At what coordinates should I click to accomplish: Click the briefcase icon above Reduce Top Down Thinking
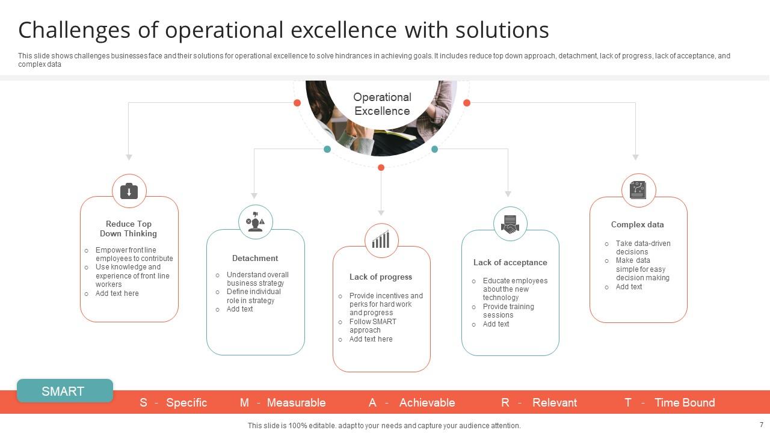tap(129, 191)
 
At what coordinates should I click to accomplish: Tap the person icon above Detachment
tap(256, 222)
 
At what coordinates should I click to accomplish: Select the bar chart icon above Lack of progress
tap(381, 240)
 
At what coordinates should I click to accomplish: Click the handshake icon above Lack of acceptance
tap(510, 224)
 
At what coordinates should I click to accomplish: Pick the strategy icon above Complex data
tap(638, 190)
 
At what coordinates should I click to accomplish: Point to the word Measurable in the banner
tap(296, 403)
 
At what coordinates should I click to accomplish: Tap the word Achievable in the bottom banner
tap(427, 403)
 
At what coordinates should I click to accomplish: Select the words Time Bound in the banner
tap(685, 403)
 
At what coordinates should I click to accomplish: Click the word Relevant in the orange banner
tap(555, 403)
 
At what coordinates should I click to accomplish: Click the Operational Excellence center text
tap(382, 104)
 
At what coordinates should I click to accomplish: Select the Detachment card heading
tap(255, 258)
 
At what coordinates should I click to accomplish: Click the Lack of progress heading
tap(381, 277)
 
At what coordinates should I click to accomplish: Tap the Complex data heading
tap(637, 224)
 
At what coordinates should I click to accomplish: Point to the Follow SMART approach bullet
tap(372, 325)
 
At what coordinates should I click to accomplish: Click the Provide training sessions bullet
tap(508, 310)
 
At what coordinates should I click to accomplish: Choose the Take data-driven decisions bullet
tap(642, 247)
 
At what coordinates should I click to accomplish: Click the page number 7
tap(761, 425)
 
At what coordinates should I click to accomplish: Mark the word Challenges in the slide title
tap(82, 29)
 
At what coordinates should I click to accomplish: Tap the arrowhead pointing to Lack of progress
tap(381, 212)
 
